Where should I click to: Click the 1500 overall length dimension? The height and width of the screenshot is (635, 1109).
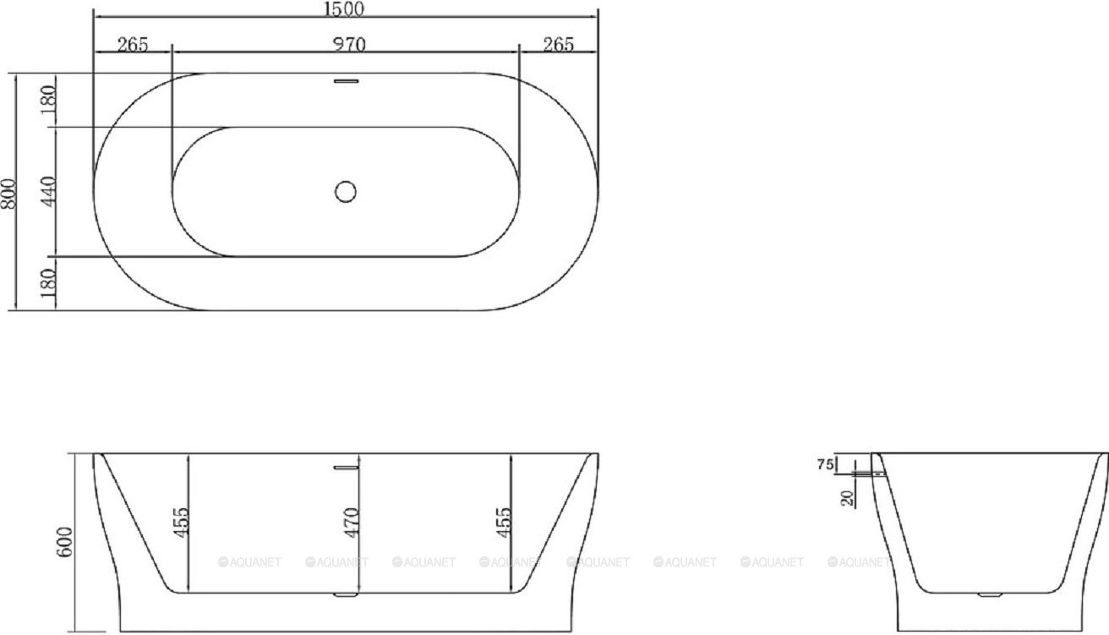(x=345, y=9)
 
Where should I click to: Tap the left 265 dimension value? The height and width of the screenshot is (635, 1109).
(x=133, y=45)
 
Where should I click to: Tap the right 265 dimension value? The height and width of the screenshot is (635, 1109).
(x=558, y=45)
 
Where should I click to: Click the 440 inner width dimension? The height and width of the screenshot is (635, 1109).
(x=47, y=192)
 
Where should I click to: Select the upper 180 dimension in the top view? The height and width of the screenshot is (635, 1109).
(x=47, y=101)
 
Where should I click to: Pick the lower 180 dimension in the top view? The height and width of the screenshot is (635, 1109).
(x=47, y=282)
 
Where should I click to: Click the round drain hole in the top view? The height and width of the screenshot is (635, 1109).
(x=346, y=191)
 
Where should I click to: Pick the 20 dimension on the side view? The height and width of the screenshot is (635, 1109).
(x=846, y=497)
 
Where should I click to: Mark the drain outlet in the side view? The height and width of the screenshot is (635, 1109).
(x=988, y=595)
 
